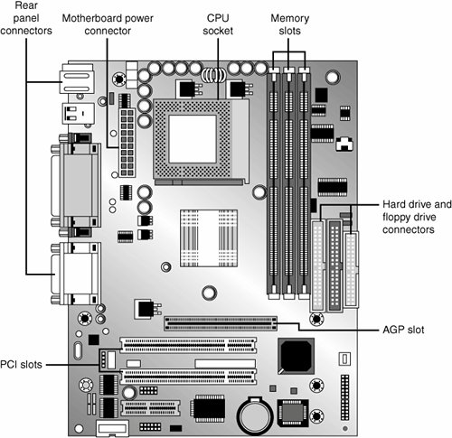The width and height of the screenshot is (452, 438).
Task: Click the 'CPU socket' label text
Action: [218, 24]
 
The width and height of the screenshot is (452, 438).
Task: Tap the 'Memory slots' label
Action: [289, 24]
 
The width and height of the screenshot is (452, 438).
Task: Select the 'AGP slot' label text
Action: [403, 330]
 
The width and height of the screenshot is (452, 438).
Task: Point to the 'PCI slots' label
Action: [21, 365]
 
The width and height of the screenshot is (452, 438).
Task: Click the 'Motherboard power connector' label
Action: [108, 24]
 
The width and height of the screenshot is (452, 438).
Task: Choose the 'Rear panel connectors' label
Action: [26, 18]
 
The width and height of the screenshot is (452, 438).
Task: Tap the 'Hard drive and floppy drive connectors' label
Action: [417, 217]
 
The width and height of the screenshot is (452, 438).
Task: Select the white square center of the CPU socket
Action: [193, 139]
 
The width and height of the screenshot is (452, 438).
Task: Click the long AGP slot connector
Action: [221, 323]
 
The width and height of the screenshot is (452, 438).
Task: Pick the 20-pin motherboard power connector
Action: [127, 143]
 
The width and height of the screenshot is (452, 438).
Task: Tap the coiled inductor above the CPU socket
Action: [213, 75]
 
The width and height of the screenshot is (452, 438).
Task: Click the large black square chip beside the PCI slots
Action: [296, 356]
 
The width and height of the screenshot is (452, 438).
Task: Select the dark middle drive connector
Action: [334, 266]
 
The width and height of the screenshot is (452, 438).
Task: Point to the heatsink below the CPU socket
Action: [209, 238]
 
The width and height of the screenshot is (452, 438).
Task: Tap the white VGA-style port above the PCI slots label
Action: [75, 274]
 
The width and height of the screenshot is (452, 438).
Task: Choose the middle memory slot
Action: [288, 183]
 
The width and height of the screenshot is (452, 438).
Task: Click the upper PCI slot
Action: [188, 345]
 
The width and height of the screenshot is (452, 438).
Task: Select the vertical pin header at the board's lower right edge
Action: [344, 397]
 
